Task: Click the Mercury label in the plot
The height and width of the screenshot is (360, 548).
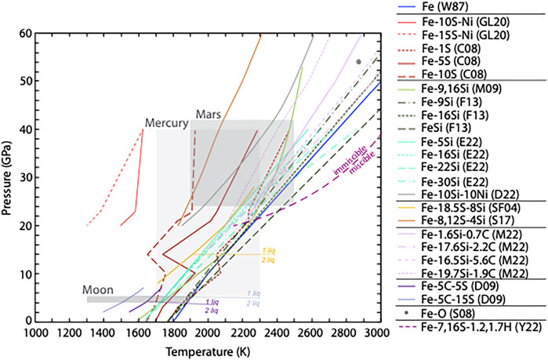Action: [166, 124]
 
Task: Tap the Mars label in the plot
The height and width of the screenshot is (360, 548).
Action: [208, 114]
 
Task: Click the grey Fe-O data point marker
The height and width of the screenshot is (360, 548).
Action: [358, 61]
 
